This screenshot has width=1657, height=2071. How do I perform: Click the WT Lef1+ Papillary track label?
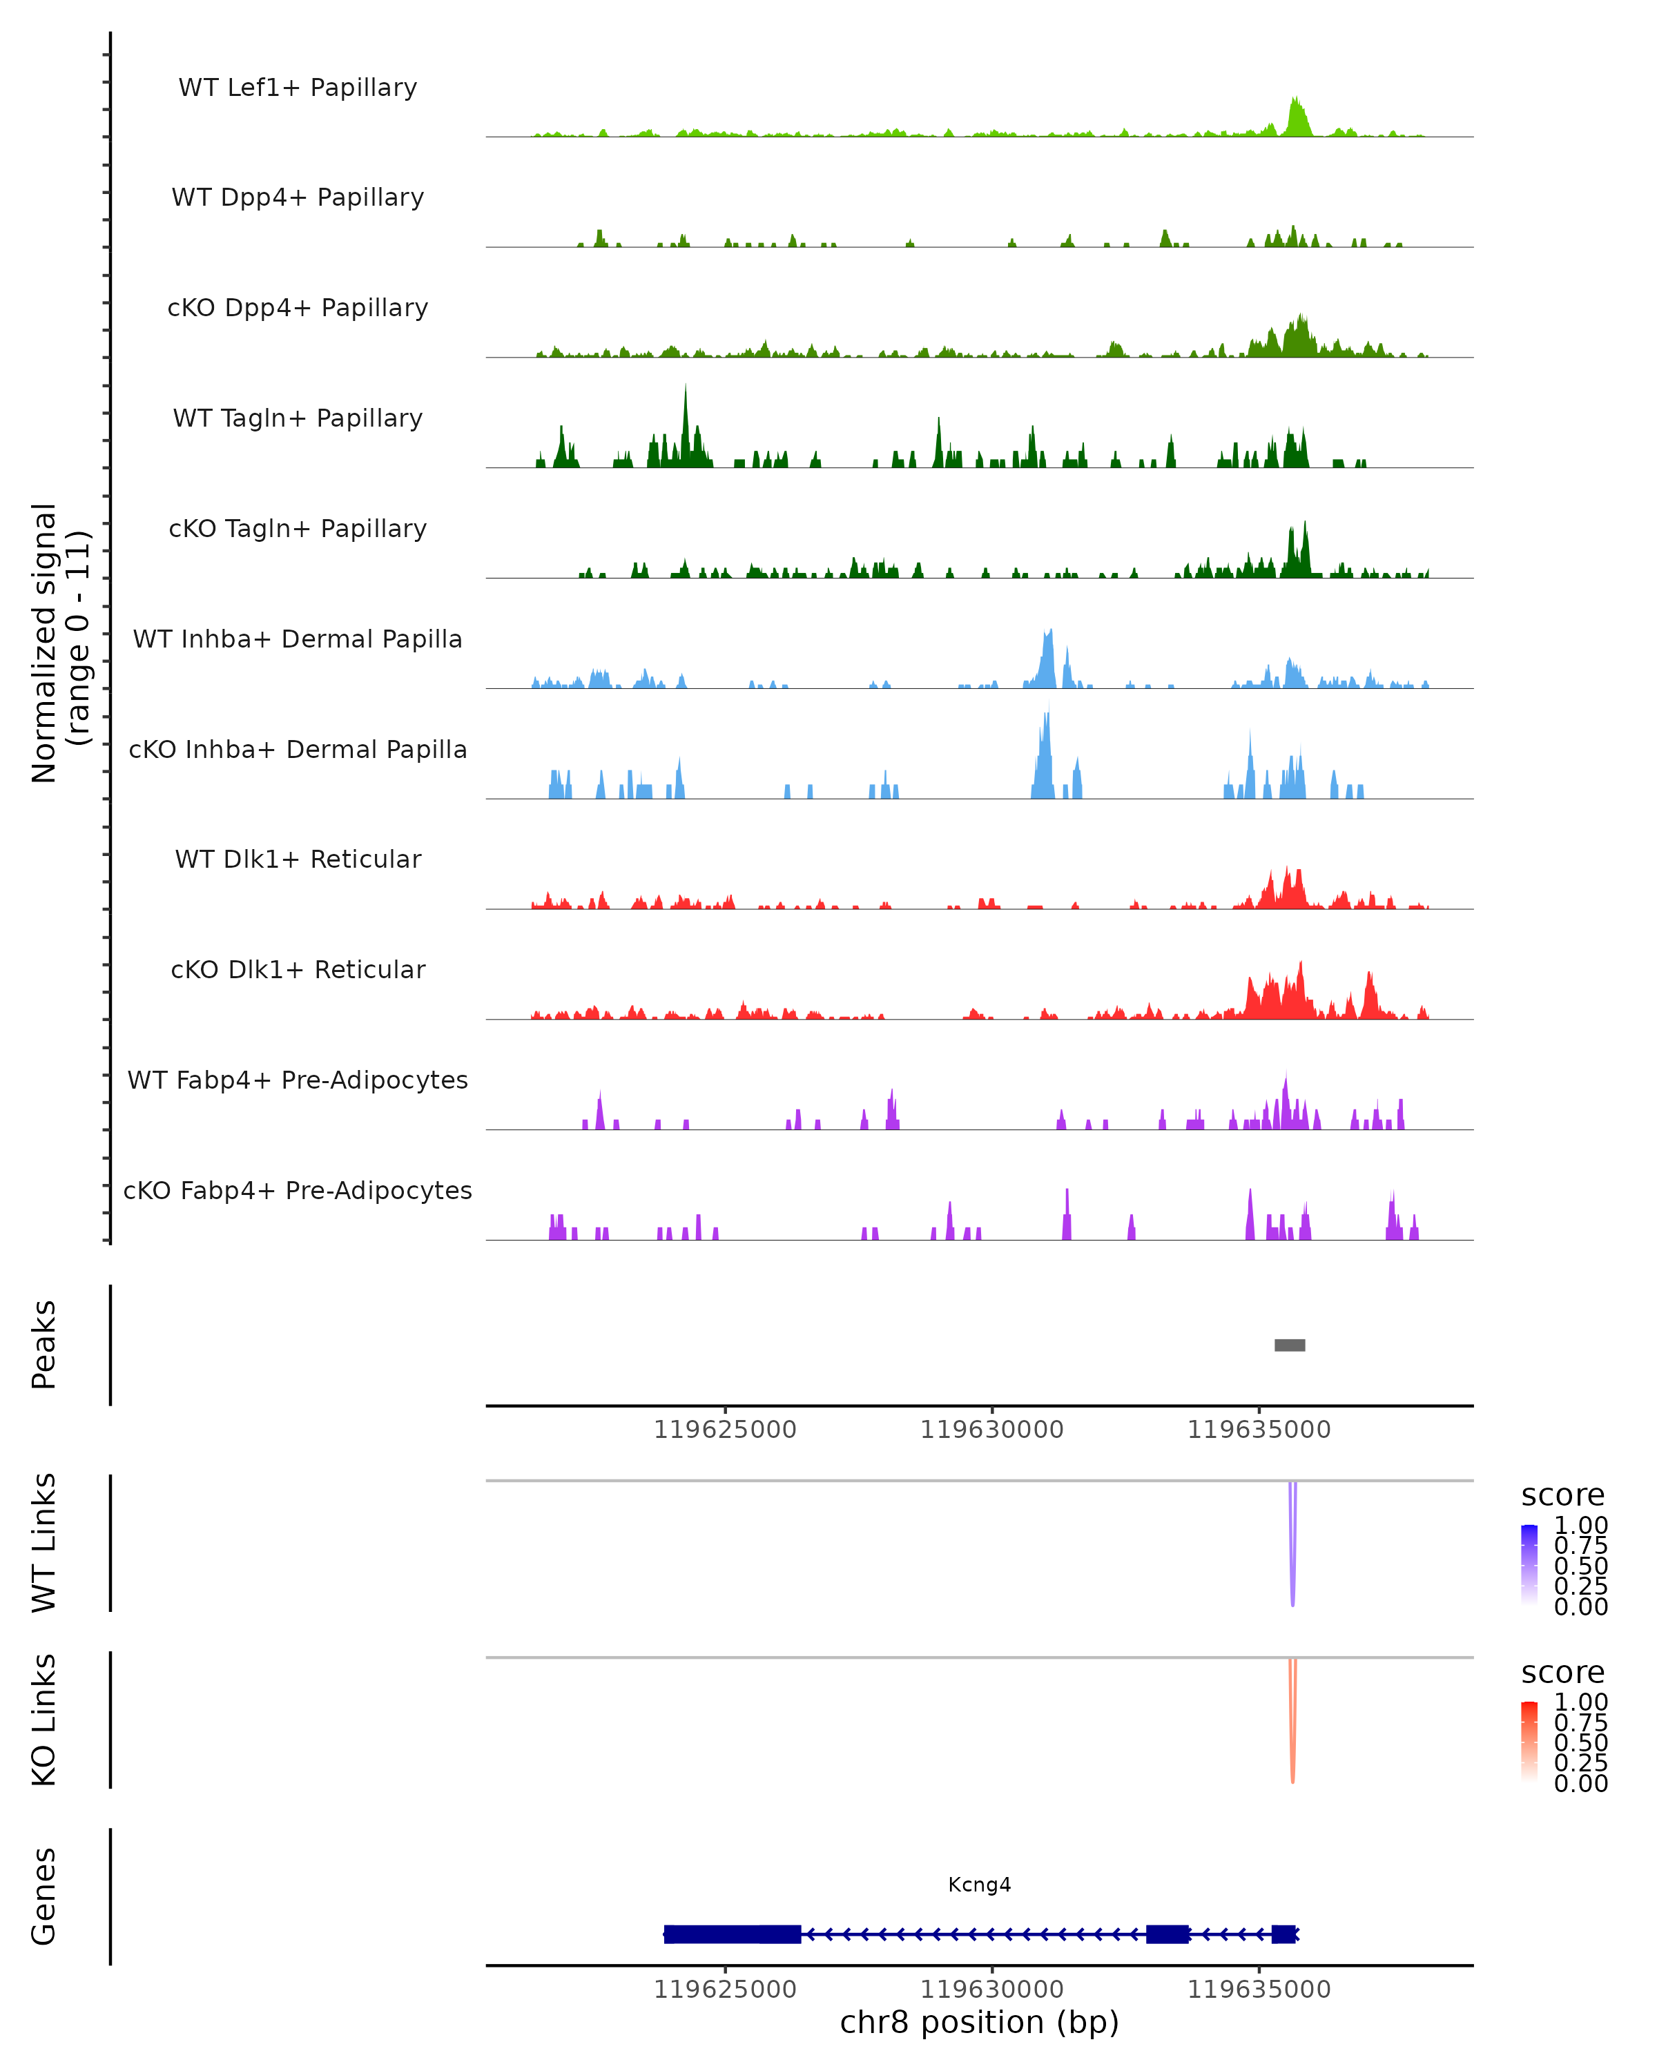(298, 88)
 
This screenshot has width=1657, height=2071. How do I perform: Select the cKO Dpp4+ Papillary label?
(298, 309)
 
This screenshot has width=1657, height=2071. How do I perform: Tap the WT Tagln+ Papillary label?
(298, 419)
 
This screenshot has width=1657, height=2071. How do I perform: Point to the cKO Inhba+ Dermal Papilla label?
(298, 750)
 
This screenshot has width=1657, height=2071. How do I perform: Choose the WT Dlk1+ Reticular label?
(298, 859)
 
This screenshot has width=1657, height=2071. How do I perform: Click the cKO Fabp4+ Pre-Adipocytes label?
(298, 1191)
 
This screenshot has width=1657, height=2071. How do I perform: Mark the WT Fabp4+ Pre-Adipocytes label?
(298, 1080)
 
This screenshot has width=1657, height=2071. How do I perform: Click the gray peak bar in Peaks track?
(1289, 1345)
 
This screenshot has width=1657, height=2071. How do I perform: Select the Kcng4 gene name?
(979, 1885)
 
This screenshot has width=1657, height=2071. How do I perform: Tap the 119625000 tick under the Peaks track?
(725, 1430)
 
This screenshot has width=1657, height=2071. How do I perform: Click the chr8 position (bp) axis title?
(979, 2023)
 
